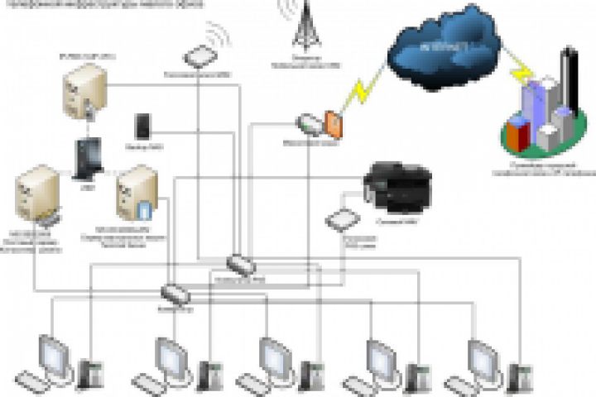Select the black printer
click(x=397, y=184)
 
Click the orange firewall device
click(x=333, y=123)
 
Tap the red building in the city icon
click(x=517, y=132)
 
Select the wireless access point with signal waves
click(x=199, y=56)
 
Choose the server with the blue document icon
click(x=137, y=193)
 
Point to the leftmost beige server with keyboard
click(x=37, y=195)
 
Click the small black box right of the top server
click(x=142, y=126)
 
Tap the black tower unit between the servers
click(x=86, y=157)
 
